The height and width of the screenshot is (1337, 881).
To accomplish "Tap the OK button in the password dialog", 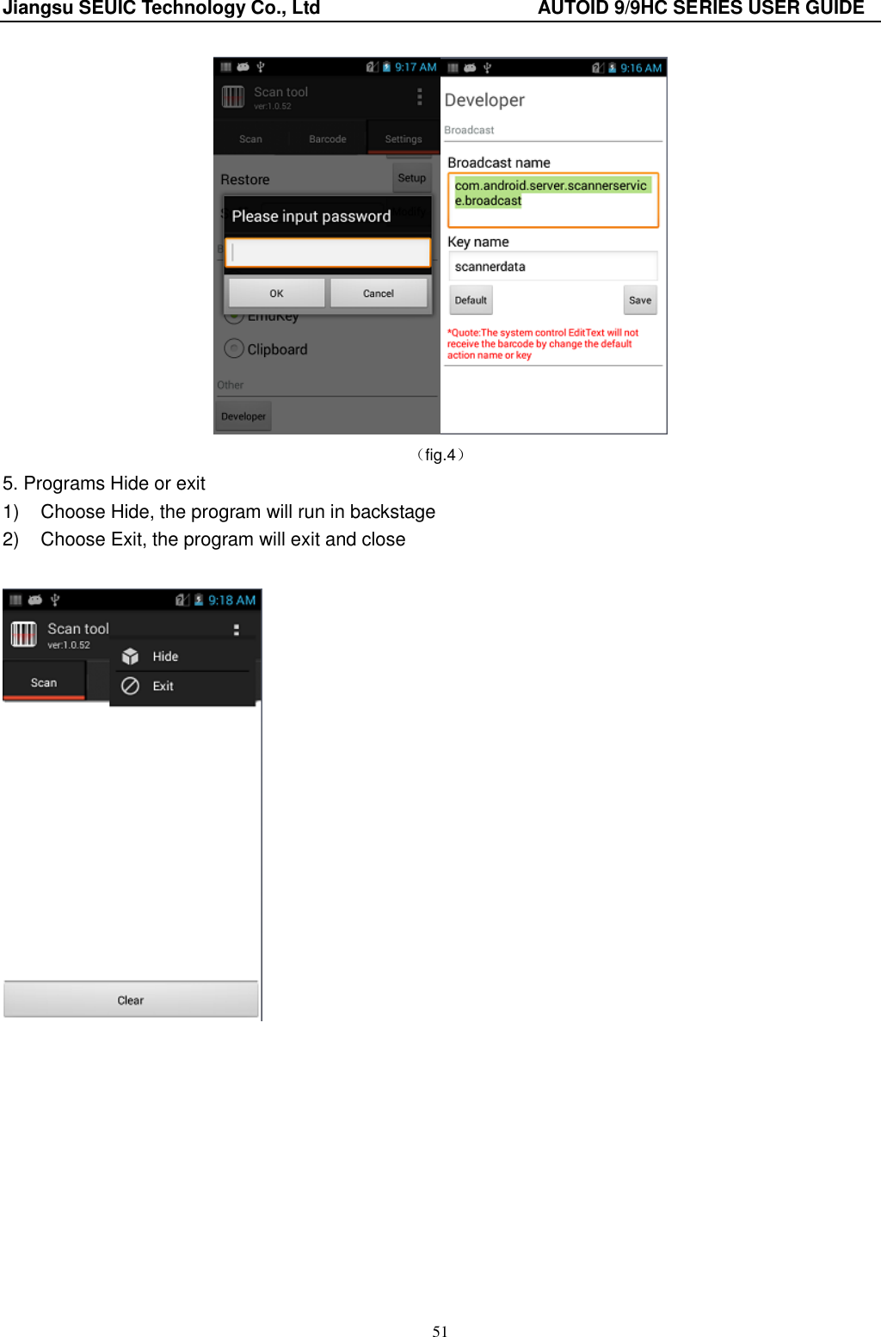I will point(276,293).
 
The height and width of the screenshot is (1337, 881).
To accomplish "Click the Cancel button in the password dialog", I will point(379,293).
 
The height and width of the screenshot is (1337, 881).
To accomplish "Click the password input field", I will point(328,253).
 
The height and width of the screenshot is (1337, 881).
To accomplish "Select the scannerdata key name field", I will point(552,267).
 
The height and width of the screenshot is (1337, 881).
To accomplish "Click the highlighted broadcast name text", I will point(551,193).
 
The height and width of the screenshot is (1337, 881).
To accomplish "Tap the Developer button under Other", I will point(243,416).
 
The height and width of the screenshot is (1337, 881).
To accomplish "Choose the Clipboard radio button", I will point(234,348).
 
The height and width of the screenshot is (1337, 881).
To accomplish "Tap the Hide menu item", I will point(165,656).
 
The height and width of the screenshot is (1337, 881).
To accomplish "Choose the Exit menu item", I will point(163,686).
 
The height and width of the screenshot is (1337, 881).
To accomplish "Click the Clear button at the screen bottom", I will point(131,1000).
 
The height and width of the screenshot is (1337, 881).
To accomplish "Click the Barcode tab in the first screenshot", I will point(328,139).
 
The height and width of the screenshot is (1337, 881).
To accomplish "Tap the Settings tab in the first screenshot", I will point(404,139).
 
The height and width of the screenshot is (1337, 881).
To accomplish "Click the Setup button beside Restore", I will point(412,178).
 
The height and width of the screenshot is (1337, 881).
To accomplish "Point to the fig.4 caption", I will point(440,455).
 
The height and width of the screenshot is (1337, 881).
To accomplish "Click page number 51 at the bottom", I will point(440,1331).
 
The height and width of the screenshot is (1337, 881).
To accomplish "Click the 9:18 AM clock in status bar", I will point(231,600).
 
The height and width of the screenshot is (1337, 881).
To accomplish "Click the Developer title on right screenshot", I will point(484,100).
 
